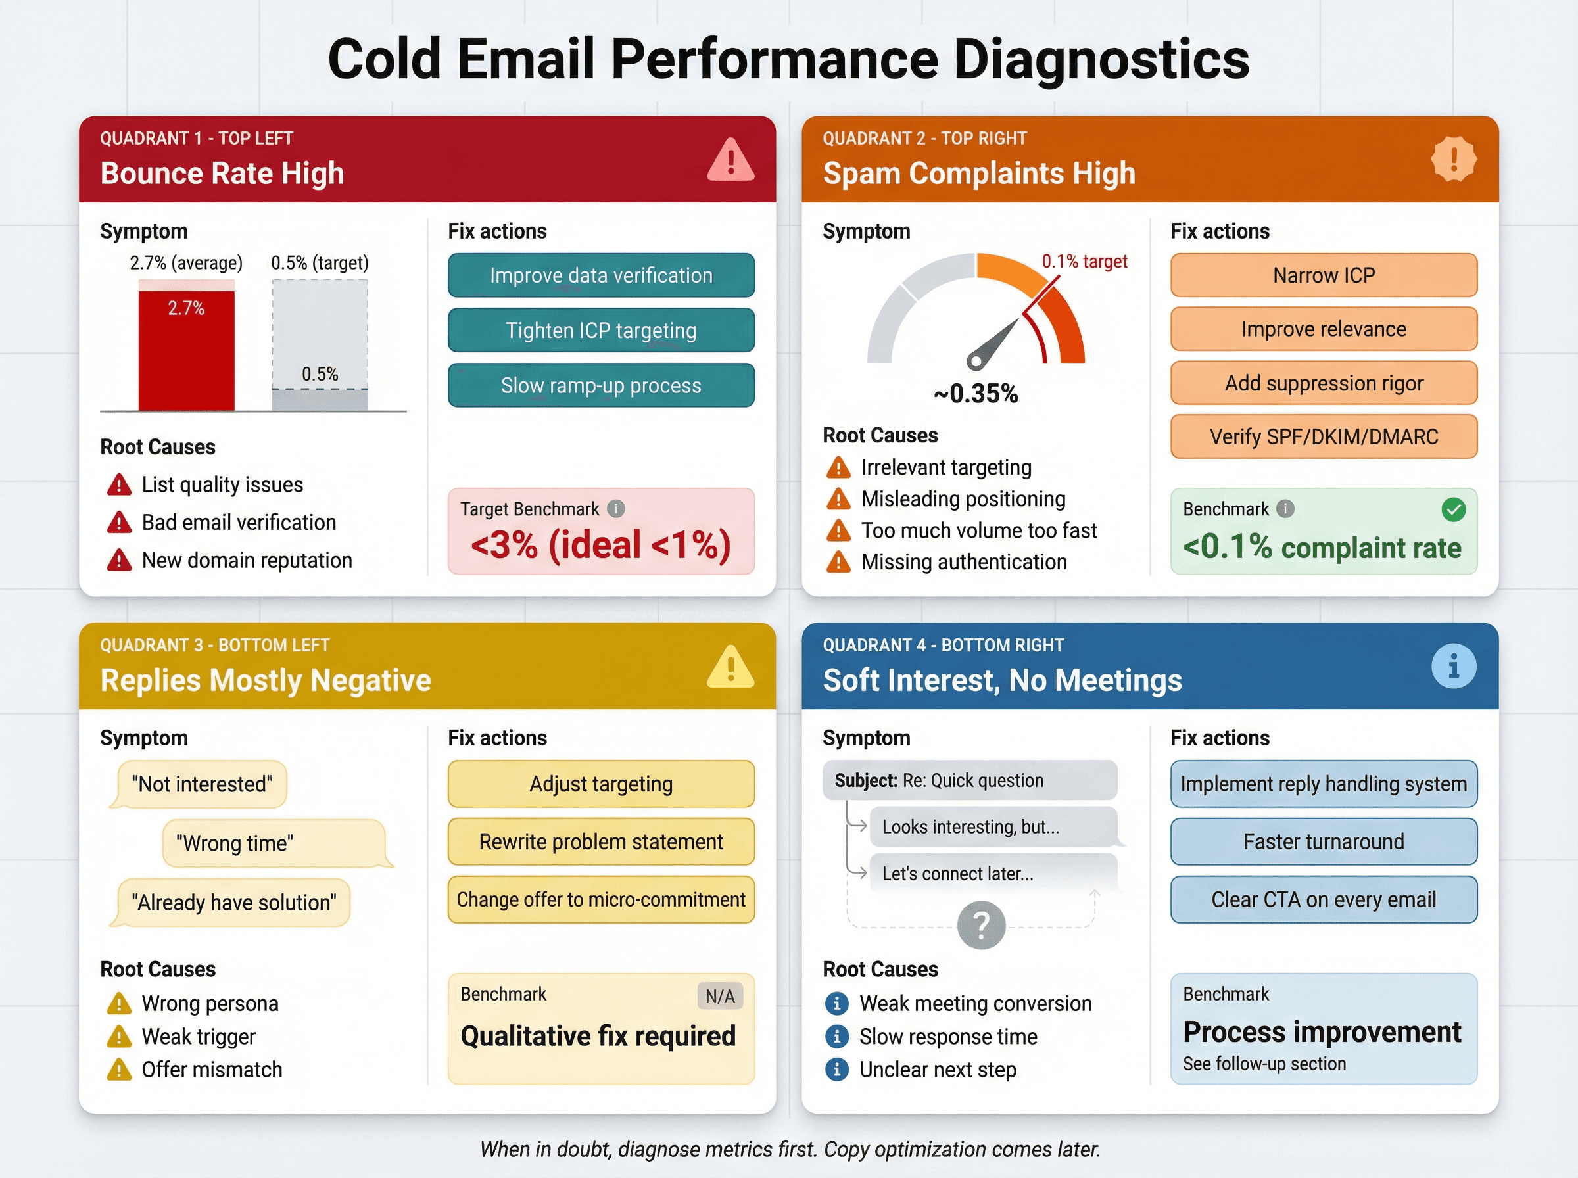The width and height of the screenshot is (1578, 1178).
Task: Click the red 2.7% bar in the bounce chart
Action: coord(186,350)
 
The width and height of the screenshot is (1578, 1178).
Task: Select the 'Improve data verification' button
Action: coord(600,275)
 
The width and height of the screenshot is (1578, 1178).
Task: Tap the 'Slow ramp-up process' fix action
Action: coord(600,385)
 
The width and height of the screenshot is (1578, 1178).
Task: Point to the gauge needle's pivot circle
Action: coord(976,360)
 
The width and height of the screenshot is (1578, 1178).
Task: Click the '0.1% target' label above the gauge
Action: coord(1084,262)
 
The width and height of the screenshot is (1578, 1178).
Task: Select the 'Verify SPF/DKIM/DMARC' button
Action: coord(1324,436)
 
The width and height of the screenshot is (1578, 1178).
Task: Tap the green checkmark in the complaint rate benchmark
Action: coord(1453,509)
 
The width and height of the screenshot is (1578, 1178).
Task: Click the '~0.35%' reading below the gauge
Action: coord(976,393)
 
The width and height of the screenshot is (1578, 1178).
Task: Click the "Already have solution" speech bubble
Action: coord(233,902)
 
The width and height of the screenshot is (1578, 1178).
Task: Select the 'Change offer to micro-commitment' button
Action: coord(600,899)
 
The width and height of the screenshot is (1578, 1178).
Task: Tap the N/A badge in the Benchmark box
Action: coord(719,996)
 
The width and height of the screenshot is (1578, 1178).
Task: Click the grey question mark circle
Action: coord(981,926)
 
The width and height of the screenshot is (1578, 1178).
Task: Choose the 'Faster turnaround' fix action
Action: coord(1324,841)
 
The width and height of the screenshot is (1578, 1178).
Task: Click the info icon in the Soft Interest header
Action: coord(1453,667)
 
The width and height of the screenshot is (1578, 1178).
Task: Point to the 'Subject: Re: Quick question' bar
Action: coord(969,780)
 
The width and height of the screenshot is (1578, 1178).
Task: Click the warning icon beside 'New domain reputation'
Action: coord(119,561)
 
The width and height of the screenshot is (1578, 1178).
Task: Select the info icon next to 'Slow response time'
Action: coord(836,1036)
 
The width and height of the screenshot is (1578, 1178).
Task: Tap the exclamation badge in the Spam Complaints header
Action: coord(1453,158)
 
